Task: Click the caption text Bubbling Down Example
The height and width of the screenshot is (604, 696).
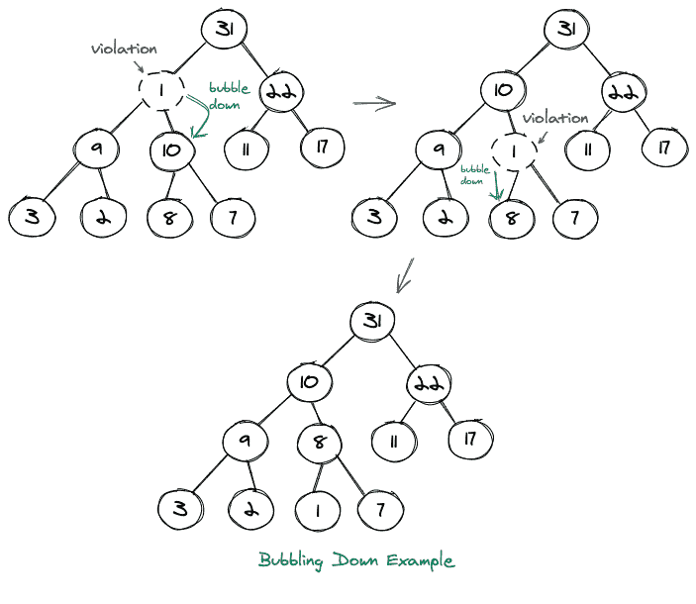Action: (x=356, y=560)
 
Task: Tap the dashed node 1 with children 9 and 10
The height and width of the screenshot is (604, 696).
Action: (x=161, y=91)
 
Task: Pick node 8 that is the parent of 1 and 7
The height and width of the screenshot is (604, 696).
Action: (x=319, y=442)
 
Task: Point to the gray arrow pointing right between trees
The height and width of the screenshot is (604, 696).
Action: (x=374, y=102)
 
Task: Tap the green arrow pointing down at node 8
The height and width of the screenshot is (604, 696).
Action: (x=496, y=184)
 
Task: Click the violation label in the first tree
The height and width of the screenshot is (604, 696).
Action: (x=123, y=48)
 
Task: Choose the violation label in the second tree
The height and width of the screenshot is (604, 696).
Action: (x=555, y=118)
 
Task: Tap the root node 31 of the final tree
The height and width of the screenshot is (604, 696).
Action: (x=372, y=321)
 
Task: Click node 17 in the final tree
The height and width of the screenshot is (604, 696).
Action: (x=472, y=438)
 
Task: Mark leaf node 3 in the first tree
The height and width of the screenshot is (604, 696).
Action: (x=33, y=217)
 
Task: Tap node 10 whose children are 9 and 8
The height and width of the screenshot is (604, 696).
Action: (x=309, y=381)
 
